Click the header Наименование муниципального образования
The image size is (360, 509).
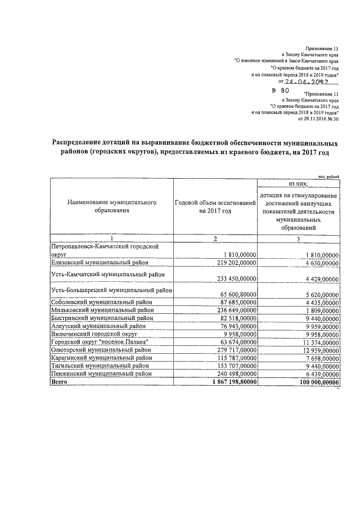pos(110,206)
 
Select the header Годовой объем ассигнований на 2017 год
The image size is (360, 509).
pos(215,206)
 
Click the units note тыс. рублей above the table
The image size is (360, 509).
pos(329,177)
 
